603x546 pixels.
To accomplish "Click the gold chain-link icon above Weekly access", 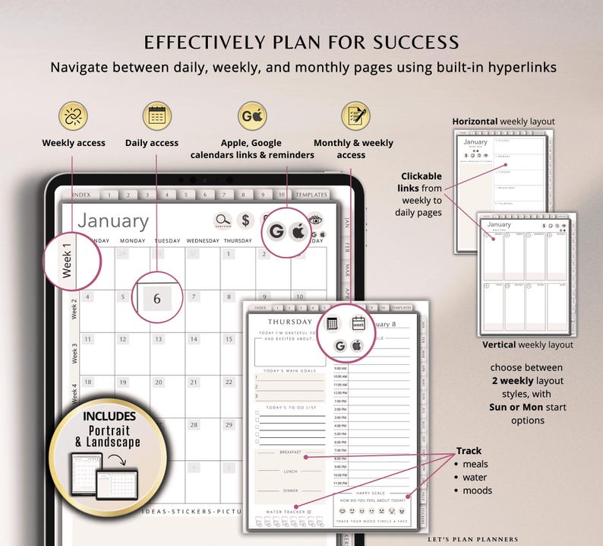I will [x=73, y=116].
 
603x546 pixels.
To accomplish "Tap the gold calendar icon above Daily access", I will [x=157, y=116].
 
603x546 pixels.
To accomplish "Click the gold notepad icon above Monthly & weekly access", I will [x=355, y=116].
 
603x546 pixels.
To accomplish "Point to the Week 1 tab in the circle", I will [x=68, y=261].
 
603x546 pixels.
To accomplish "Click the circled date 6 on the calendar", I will [x=157, y=298].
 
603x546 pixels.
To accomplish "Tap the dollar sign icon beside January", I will [x=245, y=221].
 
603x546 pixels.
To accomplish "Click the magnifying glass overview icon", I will [x=223, y=221].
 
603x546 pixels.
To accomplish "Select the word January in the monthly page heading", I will [x=113, y=221].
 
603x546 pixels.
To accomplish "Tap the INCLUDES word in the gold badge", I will [x=110, y=417].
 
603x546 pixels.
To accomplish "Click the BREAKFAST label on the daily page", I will [x=290, y=452].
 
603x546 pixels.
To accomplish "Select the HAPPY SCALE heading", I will [x=371, y=493].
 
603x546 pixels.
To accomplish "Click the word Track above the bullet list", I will [x=469, y=450].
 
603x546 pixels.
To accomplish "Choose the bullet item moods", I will [x=477, y=490].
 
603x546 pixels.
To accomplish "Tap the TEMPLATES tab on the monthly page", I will [x=311, y=195].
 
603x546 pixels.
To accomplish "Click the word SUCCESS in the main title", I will [x=411, y=42].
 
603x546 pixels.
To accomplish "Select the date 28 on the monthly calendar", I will [x=195, y=425].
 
